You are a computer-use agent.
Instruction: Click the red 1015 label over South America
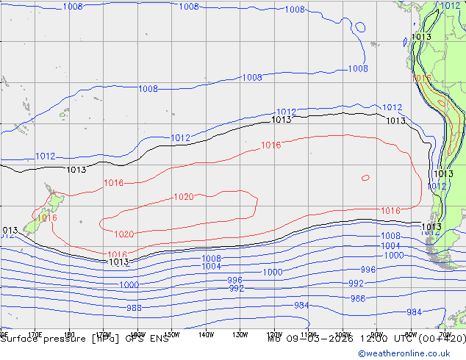(422, 78)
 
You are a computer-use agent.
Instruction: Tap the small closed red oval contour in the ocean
(365, 177)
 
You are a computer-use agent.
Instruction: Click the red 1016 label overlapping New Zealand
(46, 217)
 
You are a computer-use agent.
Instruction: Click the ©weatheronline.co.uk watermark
(412, 353)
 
